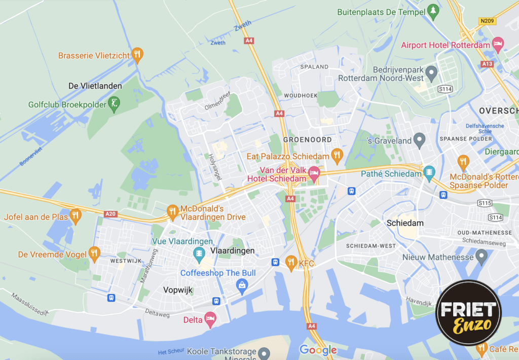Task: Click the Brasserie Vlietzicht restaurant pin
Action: coord(137,55)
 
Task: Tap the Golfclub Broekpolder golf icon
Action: coord(115,104)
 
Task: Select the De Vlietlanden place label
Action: coord(95,86)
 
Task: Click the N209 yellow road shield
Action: coord(487,21)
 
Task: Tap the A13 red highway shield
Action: coord(488,64)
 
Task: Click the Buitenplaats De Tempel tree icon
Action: coord(432,10)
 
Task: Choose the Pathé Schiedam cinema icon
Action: coord(430,173)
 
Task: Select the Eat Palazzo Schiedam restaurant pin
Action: coord(336,155)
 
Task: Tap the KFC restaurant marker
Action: coord(291,262)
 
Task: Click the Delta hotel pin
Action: coord(210,319)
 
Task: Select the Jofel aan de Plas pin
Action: coord(76,215)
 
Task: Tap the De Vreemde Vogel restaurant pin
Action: coord(94,253)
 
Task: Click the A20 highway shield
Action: coord(110,214)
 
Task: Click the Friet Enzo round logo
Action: coord(468,313)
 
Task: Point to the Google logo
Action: coord(318,349)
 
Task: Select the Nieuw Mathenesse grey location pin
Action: coord(481,257)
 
